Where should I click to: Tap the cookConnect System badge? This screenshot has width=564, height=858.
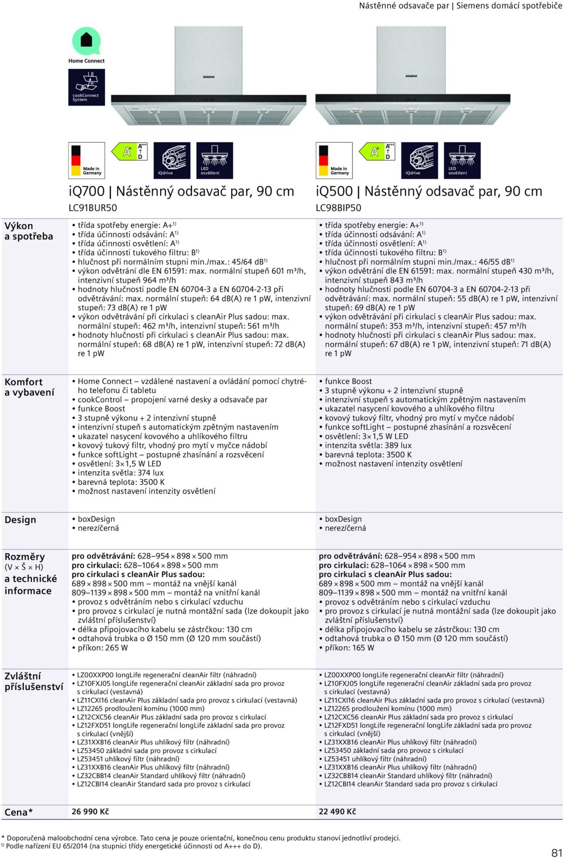[x=86, y=87]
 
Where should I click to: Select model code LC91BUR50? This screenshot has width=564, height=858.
[x=92, y=208]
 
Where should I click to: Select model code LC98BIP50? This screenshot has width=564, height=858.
[x=338, y=208]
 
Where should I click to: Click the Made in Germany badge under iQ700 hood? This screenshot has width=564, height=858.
[x=86, y=161]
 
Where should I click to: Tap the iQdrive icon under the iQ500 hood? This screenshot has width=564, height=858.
[x=419, y=161]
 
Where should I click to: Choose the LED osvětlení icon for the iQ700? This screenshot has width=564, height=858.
[x=214, y=161]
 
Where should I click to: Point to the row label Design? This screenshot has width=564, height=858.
[x=20, y=519]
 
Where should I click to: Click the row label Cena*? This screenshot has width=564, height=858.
[x=18, y=812]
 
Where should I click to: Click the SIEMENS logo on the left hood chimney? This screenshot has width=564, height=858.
[x=209, y=77]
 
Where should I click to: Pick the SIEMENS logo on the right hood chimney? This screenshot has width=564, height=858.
[x=411, y=76]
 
